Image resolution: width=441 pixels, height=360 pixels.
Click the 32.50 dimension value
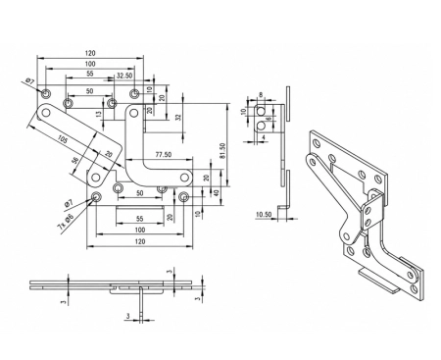point(124,76)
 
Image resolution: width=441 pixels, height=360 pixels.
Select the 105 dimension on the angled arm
point(63,140)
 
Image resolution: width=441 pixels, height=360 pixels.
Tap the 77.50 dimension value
point(164,154)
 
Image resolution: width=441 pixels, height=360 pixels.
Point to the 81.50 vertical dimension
point(223,151)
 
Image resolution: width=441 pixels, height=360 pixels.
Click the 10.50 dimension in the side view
point(264,215)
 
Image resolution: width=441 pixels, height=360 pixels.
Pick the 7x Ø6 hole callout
point(66,222)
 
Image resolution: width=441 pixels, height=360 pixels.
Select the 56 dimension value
point(75,160)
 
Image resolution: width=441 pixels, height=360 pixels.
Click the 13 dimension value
point(99,114)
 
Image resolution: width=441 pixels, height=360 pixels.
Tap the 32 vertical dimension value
point(178,117)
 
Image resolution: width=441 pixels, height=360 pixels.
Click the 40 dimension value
point(216,193)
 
